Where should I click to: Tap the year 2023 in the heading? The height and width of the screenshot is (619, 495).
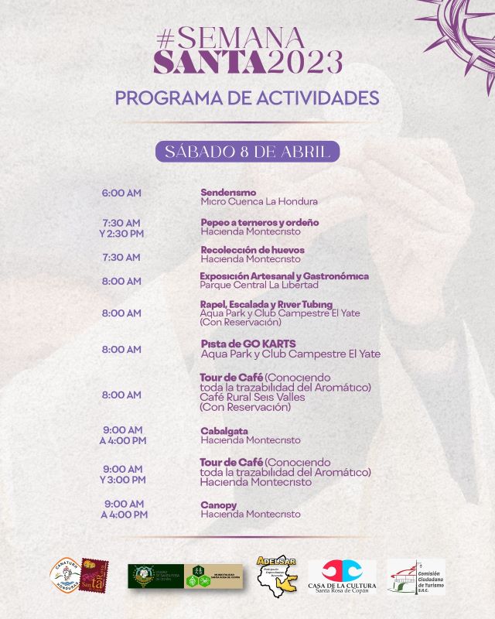pyautogui.click(x=305, y=61)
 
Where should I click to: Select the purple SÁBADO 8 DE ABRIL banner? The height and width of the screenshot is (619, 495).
pyautogui.click(x=247, y=150)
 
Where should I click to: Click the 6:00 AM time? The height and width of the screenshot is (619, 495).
pyautogui.click(x=121, y=193)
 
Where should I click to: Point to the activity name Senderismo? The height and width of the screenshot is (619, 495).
pyautogui.click(x=228, y=193)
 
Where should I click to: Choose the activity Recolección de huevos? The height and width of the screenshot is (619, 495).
pyautogui.click(x=253, y=250)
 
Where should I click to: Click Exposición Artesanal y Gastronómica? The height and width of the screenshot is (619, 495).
pyautogui.click(x=284, y=276)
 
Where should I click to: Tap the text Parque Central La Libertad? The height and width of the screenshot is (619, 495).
pyautogui.click(x=259, y=286)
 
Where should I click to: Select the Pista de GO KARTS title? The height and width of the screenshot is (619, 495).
pyautogui.click(x=248, y=344)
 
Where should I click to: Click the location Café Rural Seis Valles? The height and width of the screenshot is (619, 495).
pyautogui.click(x=252, y=397)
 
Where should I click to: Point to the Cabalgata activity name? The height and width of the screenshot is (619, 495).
pyautogui.click(x=224, y=431)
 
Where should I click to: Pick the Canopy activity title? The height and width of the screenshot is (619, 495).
pyautogui.click(x=219, y=505)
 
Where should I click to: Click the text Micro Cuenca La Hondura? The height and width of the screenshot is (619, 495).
pyautogui.click(x=259, y=202)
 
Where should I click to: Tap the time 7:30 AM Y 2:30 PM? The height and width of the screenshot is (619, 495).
pyautogui.click(x=121, y=228)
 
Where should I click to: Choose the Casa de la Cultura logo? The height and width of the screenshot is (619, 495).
pyautogui.click(x=342, y=576)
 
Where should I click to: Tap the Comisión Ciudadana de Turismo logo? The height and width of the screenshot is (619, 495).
pyautogui.click(x=416, y=576)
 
